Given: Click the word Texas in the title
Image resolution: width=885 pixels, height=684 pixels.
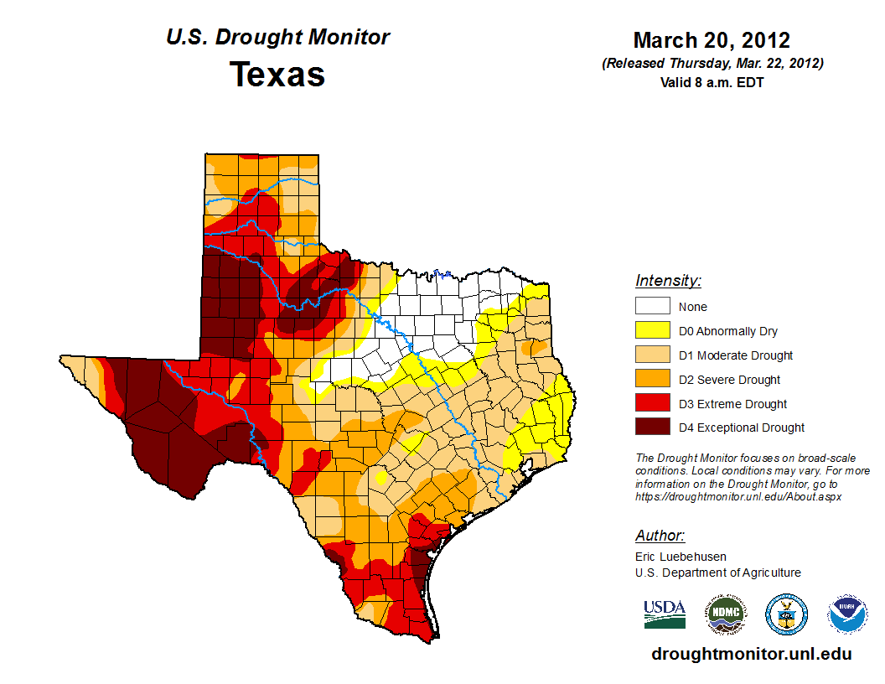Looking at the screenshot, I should click(x=277, y=75).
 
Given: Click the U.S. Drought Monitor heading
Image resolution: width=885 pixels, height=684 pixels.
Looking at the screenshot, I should click(x=277, y=38).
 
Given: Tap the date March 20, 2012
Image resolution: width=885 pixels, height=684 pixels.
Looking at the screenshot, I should click(x=712, y=40).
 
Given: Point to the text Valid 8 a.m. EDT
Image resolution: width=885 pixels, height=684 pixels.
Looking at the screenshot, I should click(x=712, y=82).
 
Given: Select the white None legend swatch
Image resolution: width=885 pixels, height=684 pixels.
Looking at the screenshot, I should click(x=652, y=307).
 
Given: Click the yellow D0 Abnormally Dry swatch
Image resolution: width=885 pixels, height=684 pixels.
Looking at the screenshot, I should click(x=652, y=331).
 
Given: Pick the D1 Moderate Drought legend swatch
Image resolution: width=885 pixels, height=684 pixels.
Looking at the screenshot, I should click(x=652, y=355).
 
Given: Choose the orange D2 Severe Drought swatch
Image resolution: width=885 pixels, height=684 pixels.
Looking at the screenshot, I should click(x=652, y=380).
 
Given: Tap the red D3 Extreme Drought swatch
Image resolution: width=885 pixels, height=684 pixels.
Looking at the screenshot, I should click(x=652, y=404).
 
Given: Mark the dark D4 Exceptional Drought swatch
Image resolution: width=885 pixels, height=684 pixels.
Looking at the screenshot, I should click(x=652, y=427).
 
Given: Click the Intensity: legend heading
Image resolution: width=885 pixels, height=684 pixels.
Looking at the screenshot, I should click(x=668, y=281).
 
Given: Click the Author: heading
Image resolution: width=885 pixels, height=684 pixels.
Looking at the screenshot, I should click(x=660, y=536).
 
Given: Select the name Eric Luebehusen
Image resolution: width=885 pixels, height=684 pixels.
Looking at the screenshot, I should click(x=681, y=557).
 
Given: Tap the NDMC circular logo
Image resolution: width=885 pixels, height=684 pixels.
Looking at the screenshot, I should click(x=725, y=614).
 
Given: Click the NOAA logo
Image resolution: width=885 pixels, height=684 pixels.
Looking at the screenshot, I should click(x=847, y=614).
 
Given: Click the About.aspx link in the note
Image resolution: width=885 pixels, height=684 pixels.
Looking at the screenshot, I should click(x=737, y=496).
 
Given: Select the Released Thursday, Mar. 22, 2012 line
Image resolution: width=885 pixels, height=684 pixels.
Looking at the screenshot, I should click(x=712, y=64).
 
